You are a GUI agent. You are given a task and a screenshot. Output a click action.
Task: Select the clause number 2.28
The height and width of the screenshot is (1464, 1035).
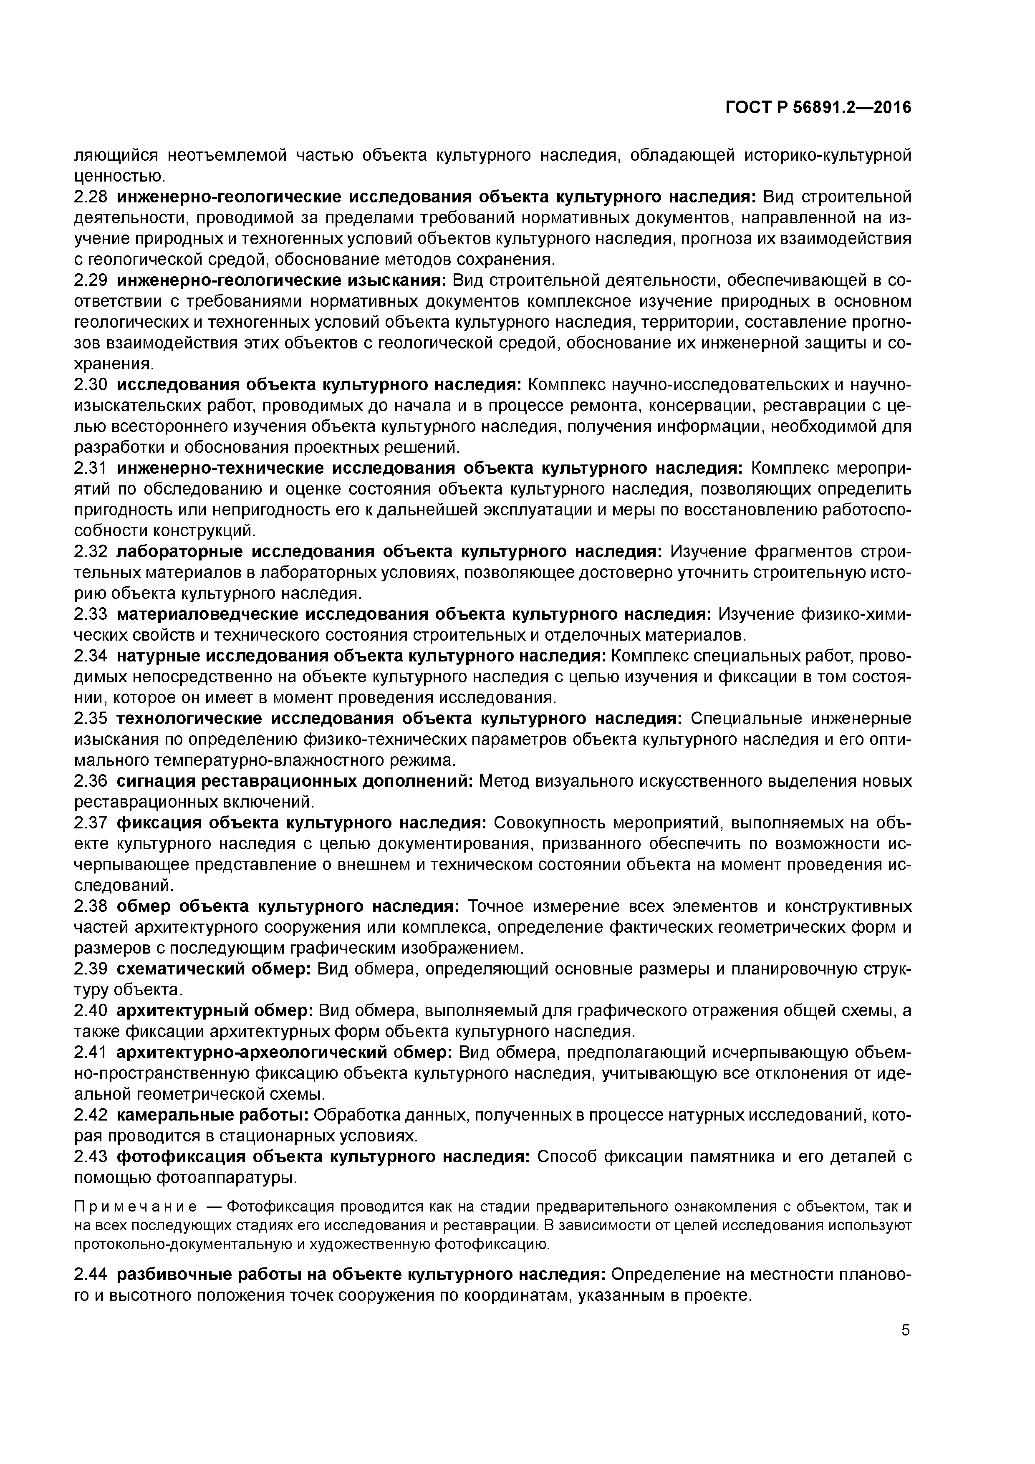[92, 197]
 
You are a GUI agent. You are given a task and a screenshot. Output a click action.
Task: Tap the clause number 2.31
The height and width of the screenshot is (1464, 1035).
[92, 468]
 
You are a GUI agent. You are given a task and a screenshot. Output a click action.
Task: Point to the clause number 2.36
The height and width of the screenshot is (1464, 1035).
[92, 781]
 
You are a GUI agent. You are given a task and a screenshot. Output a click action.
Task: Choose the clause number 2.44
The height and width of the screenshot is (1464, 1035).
[92, 1256]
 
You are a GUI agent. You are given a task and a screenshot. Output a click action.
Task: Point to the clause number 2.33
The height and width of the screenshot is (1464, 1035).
[92, 614]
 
